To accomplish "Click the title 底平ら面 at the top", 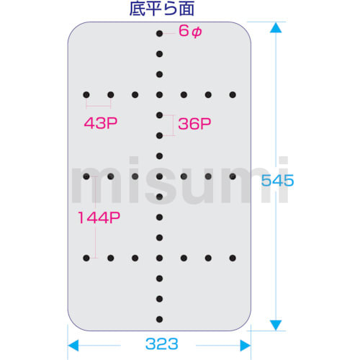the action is click(162, 9).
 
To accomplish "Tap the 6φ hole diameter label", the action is click(190, 31).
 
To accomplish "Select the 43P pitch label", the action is click(101, 123).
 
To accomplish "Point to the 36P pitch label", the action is click(194, 124).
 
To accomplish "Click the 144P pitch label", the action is click(99, 217).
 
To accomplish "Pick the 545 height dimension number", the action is click(277, 181).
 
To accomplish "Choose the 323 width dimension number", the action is click(162, 344).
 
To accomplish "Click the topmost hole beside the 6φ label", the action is click(159, 33).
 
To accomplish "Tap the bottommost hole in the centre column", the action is click(159, 319).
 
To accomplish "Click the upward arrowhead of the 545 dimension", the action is click(276, 27).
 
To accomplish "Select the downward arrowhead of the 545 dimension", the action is click(276, 325).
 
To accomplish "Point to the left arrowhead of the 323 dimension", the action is click(73, 346).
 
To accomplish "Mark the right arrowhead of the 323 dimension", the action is click(246, 346).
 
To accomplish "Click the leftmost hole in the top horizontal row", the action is click(86, 95).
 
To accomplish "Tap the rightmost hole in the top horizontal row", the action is click(233, 95).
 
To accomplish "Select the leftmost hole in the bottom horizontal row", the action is click(86, 258).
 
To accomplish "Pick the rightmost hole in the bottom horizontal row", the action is click(233, 258).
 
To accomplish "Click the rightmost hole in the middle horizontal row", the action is click(233, 176).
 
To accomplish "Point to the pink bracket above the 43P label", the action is click(99, 106).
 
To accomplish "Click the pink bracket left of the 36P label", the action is click(173, 125).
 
